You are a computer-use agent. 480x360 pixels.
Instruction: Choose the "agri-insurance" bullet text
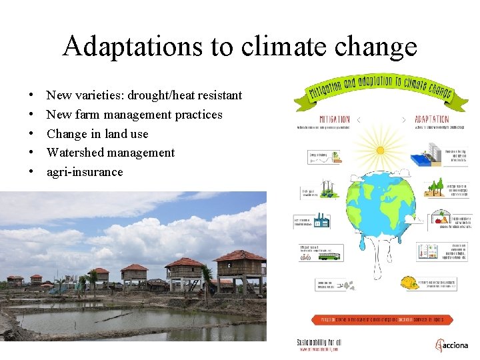85,172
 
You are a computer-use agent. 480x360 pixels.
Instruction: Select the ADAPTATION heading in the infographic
431,120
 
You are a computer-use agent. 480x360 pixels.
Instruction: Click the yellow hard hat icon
410,283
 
